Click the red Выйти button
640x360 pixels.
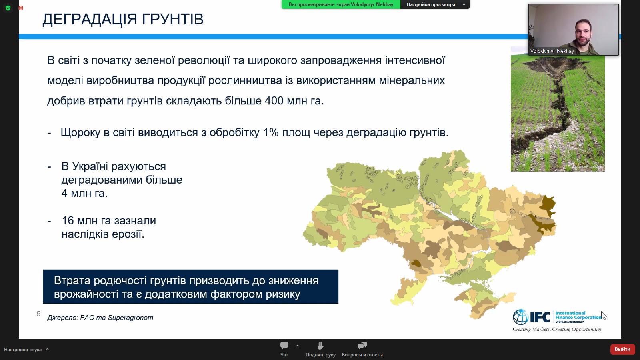pos(622,349)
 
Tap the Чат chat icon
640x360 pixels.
pos(284,346)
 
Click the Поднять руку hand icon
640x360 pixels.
pos(320,346)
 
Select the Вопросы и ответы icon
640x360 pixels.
pos(362,346)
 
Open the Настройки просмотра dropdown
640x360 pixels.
pos(435,4)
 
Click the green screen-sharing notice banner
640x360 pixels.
pos(341,4)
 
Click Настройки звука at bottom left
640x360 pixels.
pos(23,350)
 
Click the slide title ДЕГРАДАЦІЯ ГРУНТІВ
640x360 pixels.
pos(123,19)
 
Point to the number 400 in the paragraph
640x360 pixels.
pos(274,100)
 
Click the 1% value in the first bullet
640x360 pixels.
pos(271,132)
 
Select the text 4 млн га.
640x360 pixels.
pos(84,194)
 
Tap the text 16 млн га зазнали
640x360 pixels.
pos(109,221)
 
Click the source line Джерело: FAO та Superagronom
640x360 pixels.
pos(100,318)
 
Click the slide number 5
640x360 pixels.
pos(38,314)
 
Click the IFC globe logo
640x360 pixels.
pos(520,317)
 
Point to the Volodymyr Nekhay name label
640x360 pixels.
pos(552,51)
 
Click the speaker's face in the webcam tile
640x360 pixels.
pos(582,30)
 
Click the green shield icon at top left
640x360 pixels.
pos(8,8)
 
